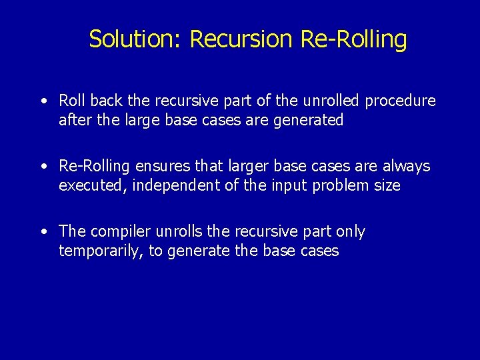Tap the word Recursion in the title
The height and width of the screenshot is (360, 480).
241,39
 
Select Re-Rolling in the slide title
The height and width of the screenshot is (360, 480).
353,39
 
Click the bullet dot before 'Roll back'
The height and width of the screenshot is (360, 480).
42,101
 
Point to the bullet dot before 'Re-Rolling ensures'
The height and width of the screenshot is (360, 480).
42,166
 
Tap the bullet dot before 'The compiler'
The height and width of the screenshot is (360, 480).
42,231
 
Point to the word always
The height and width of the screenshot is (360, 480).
407,166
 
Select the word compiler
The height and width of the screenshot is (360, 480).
120,231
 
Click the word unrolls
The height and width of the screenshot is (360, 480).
180,231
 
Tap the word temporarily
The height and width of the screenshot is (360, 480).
101,251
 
